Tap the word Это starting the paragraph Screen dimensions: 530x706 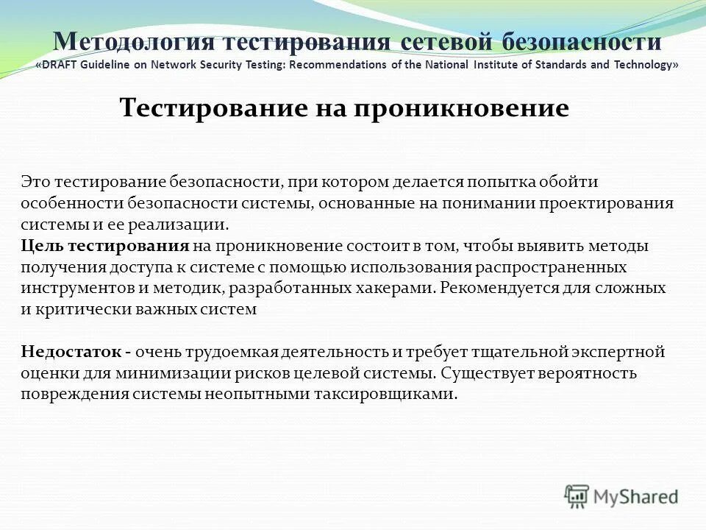coord(36,181)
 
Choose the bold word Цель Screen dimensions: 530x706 coord(40,245)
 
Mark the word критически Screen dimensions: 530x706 coord(73,309)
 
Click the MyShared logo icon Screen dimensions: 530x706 coord(577,497)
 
